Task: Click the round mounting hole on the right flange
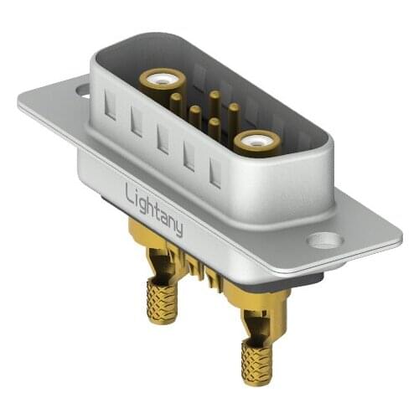(x=323, y=241)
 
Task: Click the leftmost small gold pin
(x=176, y=104)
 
